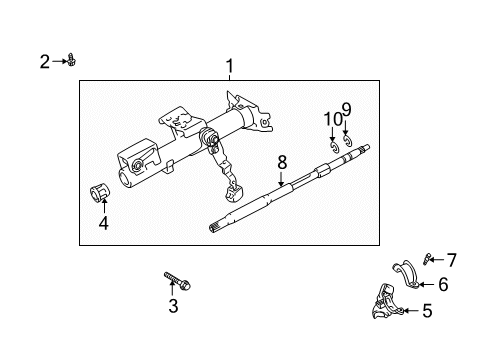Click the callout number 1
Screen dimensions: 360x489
pyautogui.click(x=229, y=67)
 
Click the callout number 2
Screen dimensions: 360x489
pyautogui.click(x=44, y=62)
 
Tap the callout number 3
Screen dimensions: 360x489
pyautogui.click(x=173, y=304)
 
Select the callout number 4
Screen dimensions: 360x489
pyautogui.click(x=102, y=224)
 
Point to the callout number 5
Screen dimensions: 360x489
pyautogui.click(x=427, y=311)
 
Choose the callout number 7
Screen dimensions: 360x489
pyautogui.click(x=450, y=260)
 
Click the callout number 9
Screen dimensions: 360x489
pyautogui.click(x=346, y=110)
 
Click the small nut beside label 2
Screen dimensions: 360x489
pyautogui.click(x=72, y=62)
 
